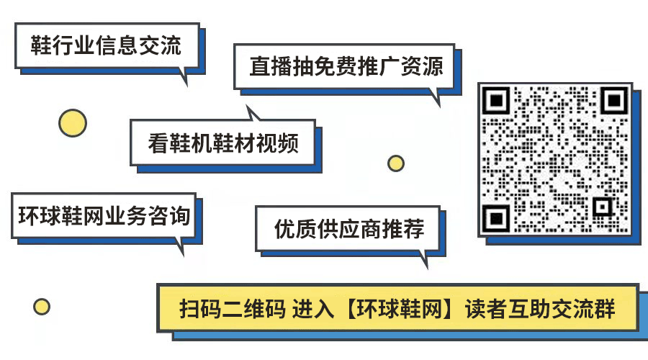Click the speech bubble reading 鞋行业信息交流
(x=106, y=47)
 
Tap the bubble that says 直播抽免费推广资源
(x=346, y=67)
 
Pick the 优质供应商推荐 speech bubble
(x=349, y=230)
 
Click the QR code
(x=555, y=159)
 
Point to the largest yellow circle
(x=73, y=123)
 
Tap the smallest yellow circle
(x=42, y=307)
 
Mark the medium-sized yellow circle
(x=395, y=163)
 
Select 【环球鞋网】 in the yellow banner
(x=398, y=309)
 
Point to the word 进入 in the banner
(x=314, y=309)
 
